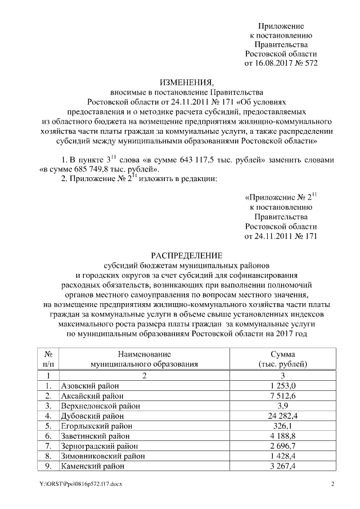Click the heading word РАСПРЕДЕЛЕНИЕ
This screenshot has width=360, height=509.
click(x=186, y=254)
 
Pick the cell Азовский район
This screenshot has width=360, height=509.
click(x=89, y=385)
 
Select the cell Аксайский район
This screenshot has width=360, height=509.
click(x=91, y=395)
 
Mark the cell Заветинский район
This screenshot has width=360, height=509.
click(x=95, y=436)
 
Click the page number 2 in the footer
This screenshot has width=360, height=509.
click(x=332, y=484)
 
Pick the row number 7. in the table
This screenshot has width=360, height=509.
click(x=49, y=446)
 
